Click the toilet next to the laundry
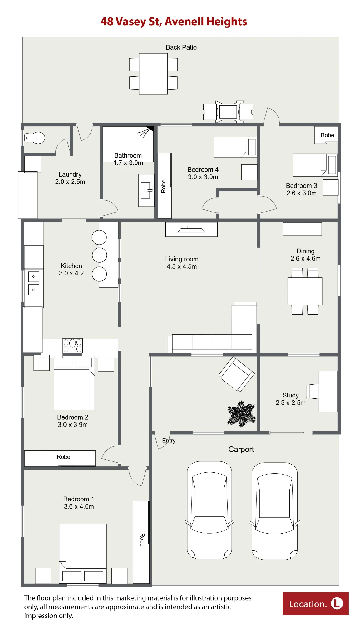(35, 138)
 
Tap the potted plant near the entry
(241, 414)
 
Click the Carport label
(241, 449)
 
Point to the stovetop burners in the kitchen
(72, 346)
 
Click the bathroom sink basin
(146, 190)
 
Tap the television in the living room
(191, 229)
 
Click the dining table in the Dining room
(305, 291)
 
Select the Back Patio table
(153, 74)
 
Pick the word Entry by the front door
(169, 441)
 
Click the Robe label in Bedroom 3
(327, 135)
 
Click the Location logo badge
(316, 604)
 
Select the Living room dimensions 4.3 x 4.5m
(182, 266)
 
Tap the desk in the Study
(328, 391)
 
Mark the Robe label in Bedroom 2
(63, 457)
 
